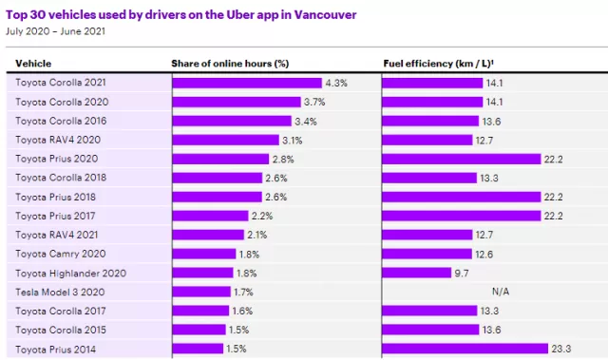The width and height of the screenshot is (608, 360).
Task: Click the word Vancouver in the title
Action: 325,15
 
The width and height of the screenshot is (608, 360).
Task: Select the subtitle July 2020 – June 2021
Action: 55,31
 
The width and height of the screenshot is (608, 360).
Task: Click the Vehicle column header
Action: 33,64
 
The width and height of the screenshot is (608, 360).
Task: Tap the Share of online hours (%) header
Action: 230,64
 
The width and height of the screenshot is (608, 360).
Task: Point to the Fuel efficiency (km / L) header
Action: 438,64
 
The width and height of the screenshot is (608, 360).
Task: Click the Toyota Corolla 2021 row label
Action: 61,83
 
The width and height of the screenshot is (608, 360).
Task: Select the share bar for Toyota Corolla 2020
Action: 237,102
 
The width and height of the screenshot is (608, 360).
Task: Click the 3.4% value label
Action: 306,122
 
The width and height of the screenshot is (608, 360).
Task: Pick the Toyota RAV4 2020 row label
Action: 58,140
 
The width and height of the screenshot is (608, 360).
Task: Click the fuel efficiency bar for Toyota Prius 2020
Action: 462,159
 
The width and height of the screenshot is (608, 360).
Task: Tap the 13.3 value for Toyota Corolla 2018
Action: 489,179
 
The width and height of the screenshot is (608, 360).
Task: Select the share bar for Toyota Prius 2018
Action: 218,197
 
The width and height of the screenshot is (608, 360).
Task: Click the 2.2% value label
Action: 262,216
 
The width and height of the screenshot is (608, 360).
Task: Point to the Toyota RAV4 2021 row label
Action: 57,235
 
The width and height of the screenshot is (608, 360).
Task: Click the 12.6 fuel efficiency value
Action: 484,255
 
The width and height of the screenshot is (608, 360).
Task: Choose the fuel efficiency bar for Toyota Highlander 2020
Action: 417,273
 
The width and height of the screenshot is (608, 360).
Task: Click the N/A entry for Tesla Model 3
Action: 501,292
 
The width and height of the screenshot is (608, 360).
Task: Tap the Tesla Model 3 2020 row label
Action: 60,292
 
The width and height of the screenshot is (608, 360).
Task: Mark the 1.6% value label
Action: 242,311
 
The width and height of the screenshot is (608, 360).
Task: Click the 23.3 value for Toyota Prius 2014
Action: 561,349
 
